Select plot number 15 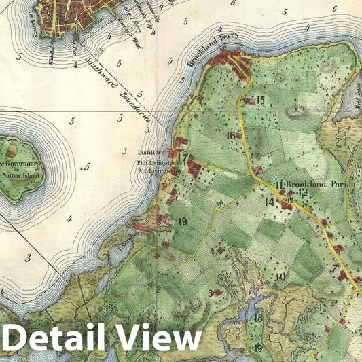(x=259, y=100)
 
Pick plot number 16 (x=232, y=136)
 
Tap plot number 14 (x=270, y=202)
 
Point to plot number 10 (x=280, y=276)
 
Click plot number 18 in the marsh (x=258, y=318)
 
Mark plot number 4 (x=213, y=251)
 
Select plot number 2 (x=158, y=289)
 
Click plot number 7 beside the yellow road (x=334, y=270)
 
